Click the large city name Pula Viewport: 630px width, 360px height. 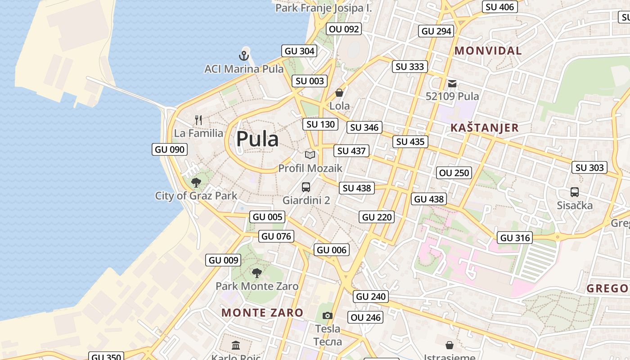[x=257, y=139]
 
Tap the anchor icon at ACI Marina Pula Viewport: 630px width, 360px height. [x=243, y=56]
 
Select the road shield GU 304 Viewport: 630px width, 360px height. [x=299, y=51]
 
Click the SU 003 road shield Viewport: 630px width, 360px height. [x=310, y=81]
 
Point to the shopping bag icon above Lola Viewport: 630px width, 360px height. [x=339, y=93]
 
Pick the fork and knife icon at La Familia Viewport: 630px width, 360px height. [x=198, y=120]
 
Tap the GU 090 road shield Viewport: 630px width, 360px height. [x=170, y=149]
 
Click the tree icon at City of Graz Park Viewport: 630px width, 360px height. [x=196, y=183]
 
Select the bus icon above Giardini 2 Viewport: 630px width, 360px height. [x=306, y=187]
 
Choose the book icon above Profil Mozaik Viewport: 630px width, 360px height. [x=310, y=155]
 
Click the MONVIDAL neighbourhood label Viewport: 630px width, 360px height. [x=488, y=51]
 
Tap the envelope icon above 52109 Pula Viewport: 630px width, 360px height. [x=452, y=84]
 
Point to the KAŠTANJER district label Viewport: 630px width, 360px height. [x=485, y=128]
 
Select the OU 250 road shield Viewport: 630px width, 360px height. [x=454, y=173]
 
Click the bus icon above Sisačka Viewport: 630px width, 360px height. [x=575, y=192]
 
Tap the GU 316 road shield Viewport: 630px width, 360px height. [x=515, y=238]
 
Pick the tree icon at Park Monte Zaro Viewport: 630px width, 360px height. [x=257, y=273]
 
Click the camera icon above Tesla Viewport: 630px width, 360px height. [x=328, y=316]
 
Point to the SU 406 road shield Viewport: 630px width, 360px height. [x=500, y=7]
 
